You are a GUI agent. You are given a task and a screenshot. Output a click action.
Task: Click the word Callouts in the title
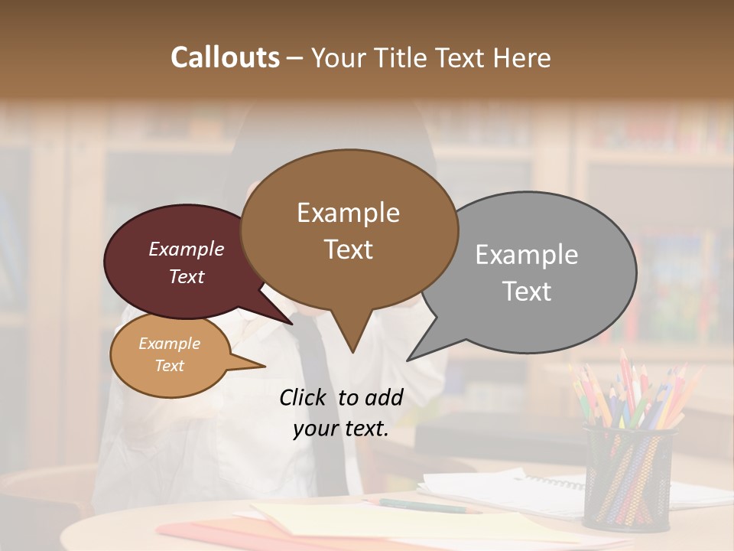(x=225, y=57)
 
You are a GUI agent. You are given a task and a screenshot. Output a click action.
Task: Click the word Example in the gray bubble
(x=527, y=254)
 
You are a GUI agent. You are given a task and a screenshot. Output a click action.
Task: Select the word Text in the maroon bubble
(x=186, y=276)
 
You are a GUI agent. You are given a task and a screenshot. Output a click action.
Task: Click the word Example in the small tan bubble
(x=169, y=344)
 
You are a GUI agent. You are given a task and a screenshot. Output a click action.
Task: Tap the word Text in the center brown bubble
(x=349, y=249)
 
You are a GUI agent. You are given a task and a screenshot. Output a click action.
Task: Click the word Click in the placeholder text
(x=305, y=396)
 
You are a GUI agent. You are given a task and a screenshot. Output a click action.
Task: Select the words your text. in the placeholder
(x=340, y=429)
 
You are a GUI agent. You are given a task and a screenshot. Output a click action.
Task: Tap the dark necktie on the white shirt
(x=321, y=398)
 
